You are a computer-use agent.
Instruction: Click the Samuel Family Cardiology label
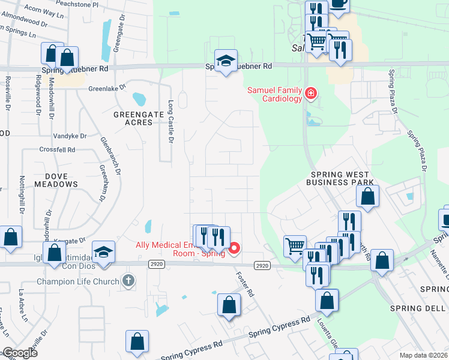[x=275, y=94]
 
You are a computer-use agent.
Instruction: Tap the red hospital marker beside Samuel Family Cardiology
[x=310, y=93]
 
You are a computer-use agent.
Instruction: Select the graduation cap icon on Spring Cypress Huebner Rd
[x=226, y=61]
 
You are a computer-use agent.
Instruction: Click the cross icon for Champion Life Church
[x=127, y=280]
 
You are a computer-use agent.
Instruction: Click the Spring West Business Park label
[x=342, y=178]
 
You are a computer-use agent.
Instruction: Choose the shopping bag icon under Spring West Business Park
[x=367, y=196]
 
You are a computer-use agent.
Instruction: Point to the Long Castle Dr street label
[x=170, y=121]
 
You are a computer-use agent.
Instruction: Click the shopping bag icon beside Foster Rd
[x=229, y=304]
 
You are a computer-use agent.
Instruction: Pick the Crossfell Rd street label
[x=57, y=149]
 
